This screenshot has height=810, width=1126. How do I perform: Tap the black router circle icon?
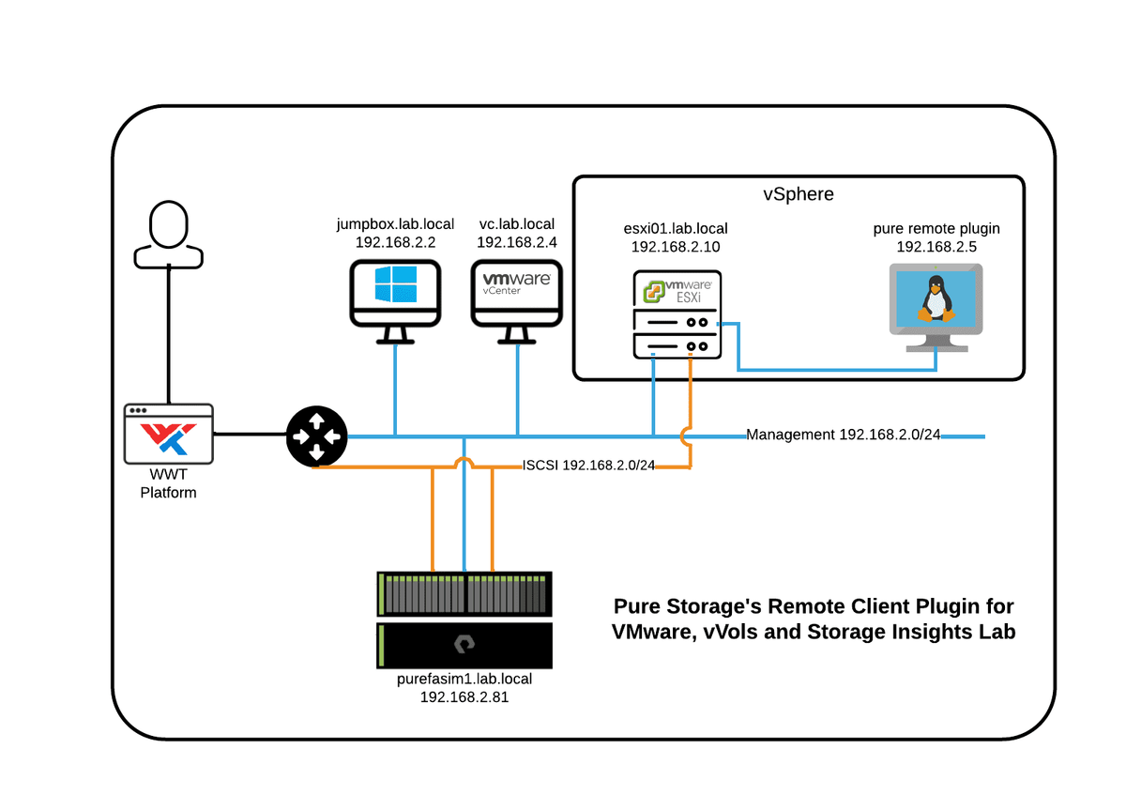pos(316,436)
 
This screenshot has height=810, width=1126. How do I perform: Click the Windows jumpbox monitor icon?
pos(395,295)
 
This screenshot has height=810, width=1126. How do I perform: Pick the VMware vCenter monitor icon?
pos(516,295)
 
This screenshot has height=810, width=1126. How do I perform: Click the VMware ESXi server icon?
pos(677,314)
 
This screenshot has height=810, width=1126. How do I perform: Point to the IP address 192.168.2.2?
pos(395,242)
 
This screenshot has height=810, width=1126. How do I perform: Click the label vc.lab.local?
pos(516,224)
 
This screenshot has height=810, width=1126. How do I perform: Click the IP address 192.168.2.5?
pos(936,247)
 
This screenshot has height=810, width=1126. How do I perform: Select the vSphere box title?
pos(798,195)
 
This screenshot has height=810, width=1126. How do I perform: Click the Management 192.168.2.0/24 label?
pos(843,436)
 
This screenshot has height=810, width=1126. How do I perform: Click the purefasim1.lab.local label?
pos(464,679)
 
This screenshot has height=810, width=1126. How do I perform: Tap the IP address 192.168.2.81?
pos(464,697)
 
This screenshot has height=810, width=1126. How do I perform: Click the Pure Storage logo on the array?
pos(464,644)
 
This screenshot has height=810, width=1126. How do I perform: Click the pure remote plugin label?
pos(936,229)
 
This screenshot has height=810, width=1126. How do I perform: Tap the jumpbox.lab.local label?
pos(395,224)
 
